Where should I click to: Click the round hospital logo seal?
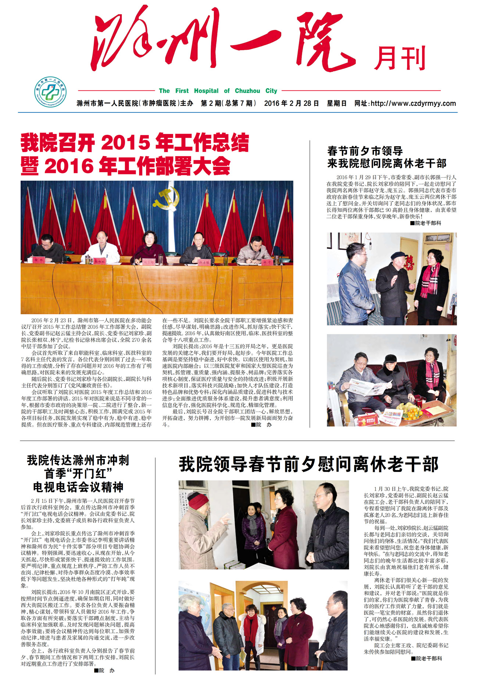pyautogui.click(x=50, y=92)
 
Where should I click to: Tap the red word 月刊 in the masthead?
pyautogui.click(x=400, y=58)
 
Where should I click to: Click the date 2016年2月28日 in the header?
pyautogui.click(x=291, y=104)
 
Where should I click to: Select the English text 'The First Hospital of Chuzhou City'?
pyautogui.click(x=218, y=91)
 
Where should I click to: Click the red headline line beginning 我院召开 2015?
pyautogui.click(x=135, y=143)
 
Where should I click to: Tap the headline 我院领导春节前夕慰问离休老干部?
pyautogui.click(x=308, y=464)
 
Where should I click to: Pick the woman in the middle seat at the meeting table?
pyautogui.click(x=149, y=246)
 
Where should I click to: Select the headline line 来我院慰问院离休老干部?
pyautogui.click(x=387, y=163)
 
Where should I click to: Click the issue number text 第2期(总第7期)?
pyautogui.click(x=228, y=104)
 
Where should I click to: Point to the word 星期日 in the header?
pyautogui.click(x=336, y=104)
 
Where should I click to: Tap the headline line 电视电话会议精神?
pyautogui.click(x=78, y=487)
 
